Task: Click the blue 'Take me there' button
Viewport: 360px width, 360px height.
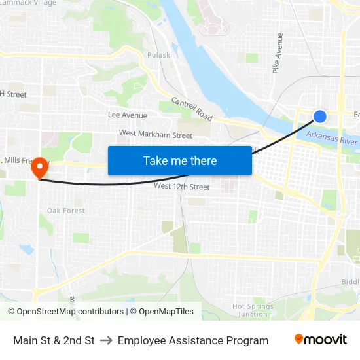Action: tap(180, 160)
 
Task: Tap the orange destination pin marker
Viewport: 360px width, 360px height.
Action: tap(39, 168)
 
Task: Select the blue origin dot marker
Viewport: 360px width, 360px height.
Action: tap(319, 117)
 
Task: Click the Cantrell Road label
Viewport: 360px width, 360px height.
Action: tap(192, 109)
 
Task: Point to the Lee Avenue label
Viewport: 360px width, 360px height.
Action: tap(128, 115)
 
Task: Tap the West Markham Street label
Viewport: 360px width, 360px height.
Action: tap(156, 135)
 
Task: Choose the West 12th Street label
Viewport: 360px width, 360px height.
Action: tap(181, 187)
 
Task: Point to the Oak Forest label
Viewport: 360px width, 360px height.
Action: tap(66, 211)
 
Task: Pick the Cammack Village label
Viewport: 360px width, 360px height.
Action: tap(29, 3)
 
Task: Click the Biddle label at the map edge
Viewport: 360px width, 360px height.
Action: tap(350, 283)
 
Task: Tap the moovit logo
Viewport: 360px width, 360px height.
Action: tap(321, 340)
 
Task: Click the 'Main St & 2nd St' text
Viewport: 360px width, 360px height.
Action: tap(54, 340)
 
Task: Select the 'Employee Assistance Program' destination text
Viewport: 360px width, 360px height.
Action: tap(193, 340)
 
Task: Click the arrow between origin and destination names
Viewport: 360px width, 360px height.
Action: tap(106, 340)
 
